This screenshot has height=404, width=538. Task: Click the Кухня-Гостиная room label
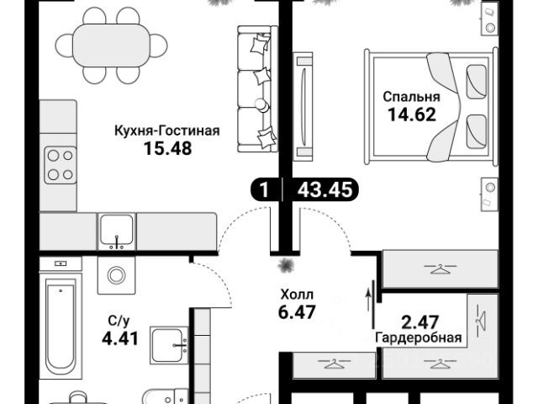166,131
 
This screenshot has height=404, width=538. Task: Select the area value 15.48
168,149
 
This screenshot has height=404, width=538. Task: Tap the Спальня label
411,97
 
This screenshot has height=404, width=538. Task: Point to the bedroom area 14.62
412,114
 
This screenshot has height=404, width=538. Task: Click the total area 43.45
325,189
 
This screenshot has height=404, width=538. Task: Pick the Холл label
297,295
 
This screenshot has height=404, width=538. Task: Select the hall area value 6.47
297,312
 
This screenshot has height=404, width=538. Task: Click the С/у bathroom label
119,322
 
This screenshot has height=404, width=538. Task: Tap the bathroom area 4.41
120,338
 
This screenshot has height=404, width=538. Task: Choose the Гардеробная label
419,338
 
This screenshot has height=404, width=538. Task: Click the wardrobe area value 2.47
420,322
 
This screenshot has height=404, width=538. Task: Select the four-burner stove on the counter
61,165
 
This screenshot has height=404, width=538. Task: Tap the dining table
111,45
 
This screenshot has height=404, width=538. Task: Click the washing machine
117,275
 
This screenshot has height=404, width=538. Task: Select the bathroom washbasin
169,345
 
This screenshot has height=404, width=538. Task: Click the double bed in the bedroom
431,108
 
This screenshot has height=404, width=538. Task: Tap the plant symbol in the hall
286,265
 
